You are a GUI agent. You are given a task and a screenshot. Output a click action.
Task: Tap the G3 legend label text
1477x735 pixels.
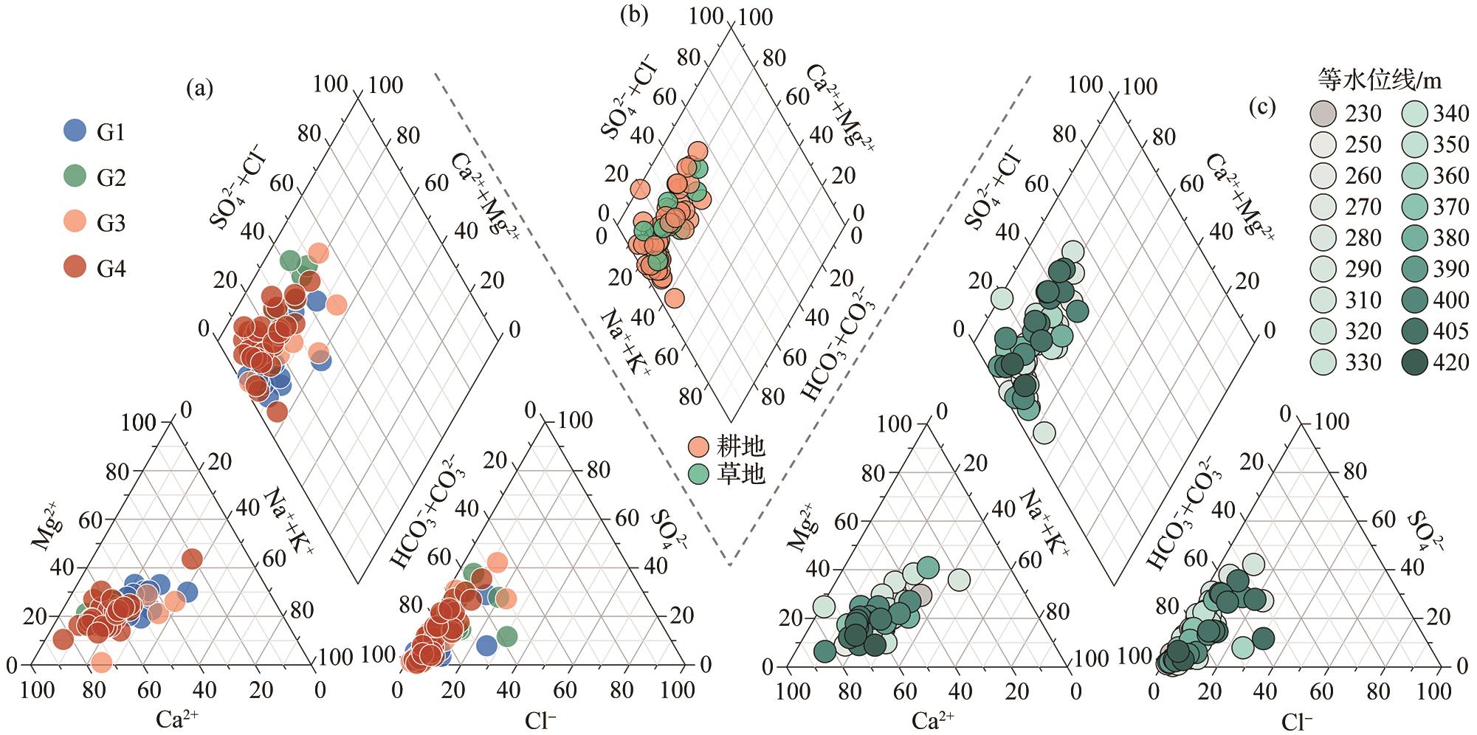(111, 223)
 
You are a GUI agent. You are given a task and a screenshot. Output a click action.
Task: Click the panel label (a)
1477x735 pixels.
(199, 89)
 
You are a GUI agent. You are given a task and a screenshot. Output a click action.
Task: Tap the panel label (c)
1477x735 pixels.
(1261, 108)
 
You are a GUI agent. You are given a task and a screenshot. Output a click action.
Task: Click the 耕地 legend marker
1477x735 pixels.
(698, 446)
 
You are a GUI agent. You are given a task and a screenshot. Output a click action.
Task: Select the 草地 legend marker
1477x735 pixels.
(698, 473)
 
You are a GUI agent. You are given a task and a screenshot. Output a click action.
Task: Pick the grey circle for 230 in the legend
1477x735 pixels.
(1322, 114)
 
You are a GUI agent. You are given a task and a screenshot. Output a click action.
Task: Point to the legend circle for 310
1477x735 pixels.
(1322, 300)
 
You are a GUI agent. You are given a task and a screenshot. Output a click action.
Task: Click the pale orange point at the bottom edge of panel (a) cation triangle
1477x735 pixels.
(102, 663)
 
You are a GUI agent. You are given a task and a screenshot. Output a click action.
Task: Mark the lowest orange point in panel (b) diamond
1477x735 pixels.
(674, 298)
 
